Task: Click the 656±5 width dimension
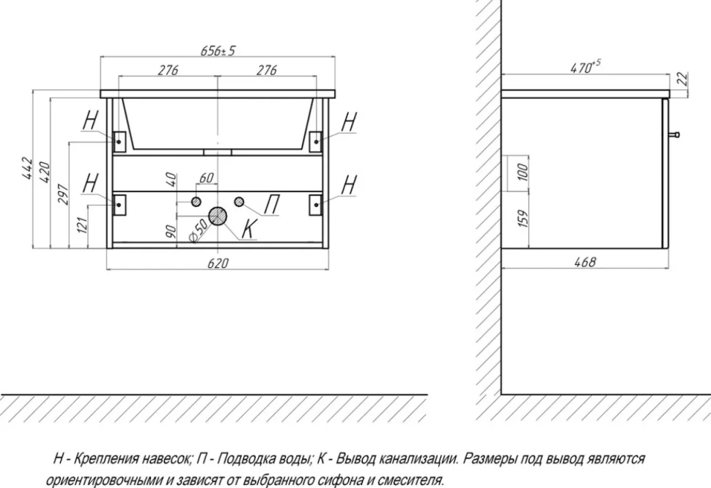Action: pyautogui.click(x=218, y=50)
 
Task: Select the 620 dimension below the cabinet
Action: pyautogui.click(x=218, y=263)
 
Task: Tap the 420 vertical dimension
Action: pyautogui.click(x=44, y=172)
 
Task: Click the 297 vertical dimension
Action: pyautogui.click(x=62, y=194)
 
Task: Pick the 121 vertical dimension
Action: pyautogui.click(x=81, y=225)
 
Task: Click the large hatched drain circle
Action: pyautogui.click(x=218, y=216)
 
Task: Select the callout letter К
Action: pyautogui.click(x=249, y=228)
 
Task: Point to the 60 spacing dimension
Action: pyautogui.click(x=206, y=178)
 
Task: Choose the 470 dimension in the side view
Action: pyautogui.click(x=585, y=67)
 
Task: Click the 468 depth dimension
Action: pyautogui.click(x=585, y=263)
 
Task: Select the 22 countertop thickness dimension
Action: pyautogui.click(x=682, y=79)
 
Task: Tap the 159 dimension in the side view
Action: pyautogui.click(x=523, y=219)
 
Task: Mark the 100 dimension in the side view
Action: pyautogui.click(x=523, y=172)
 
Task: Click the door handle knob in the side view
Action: pyautogui.click(x=674, y=134)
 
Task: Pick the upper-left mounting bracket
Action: pyautogui.click(x=119, y=141)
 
